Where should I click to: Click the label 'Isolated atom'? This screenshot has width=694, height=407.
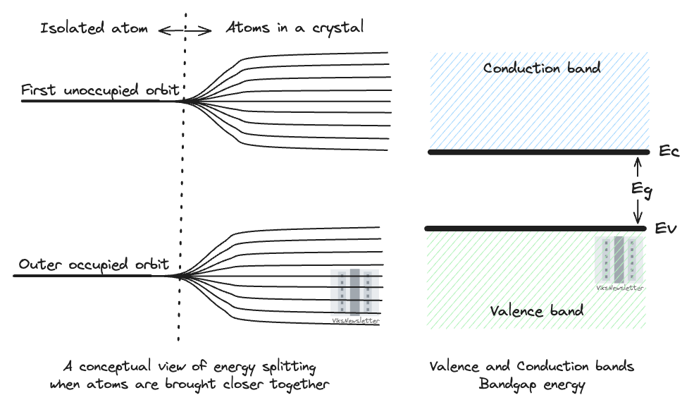point(94,29)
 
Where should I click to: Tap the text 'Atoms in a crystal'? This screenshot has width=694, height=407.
point(295,28)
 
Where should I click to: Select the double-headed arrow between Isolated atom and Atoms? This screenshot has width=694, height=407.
point(184,30)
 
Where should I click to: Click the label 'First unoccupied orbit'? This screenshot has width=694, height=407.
point(101,90)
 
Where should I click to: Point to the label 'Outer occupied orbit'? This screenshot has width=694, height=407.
point(94,265)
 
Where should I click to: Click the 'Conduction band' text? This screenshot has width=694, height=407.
point(542,68)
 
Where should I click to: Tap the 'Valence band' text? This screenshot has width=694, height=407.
point(538,310)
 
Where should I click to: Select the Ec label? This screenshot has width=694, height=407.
point(669,152)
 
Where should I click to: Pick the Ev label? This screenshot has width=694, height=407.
point(666,229)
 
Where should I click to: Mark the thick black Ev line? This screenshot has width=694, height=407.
point(535,229)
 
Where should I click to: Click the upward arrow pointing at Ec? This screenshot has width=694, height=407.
point(638,168)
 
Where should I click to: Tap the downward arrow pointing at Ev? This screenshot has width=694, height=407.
point(638,210)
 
